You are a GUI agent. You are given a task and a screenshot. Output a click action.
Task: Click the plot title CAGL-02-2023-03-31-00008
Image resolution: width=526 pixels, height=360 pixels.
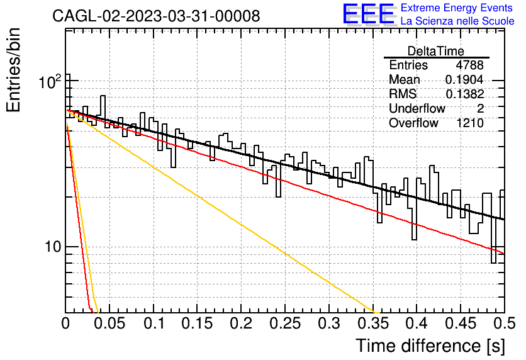(x=156, y=16)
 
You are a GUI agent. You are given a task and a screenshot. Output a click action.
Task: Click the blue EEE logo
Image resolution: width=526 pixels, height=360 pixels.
(x=369, y=14)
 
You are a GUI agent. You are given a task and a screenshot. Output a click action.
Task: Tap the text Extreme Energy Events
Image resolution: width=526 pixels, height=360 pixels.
(x=457, y=8)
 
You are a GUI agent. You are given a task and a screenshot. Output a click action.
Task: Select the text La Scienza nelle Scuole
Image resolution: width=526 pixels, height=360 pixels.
(x=457, y=21)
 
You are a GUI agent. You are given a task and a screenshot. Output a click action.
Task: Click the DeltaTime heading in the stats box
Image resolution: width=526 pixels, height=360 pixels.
(x=436, y=51)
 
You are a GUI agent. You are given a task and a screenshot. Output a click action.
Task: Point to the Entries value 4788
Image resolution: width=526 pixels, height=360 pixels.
(x=469, y=65)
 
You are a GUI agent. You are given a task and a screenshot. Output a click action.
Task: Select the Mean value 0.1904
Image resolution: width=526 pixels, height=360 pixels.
(x=464, y=79)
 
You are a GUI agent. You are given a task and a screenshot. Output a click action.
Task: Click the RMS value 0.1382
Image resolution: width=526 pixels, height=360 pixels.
(x=464, y=94)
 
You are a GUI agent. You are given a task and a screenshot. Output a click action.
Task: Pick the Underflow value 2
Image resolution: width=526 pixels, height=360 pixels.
(x=480, y=108)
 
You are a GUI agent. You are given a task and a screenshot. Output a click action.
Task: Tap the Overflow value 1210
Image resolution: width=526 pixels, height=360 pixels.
(x=469, y=123)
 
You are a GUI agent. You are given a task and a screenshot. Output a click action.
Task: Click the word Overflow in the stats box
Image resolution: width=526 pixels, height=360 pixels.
(x=413, y=123)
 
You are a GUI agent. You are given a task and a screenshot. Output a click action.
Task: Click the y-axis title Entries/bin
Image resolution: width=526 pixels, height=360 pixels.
(x=14, y=70)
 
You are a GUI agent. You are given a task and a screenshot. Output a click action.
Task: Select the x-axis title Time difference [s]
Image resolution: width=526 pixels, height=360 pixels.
(x=430, y=346)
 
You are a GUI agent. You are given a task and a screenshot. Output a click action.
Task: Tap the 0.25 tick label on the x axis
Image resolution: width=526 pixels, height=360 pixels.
(x=285, y=323)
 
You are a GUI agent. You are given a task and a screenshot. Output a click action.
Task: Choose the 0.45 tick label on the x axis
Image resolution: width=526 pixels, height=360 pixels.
(x=461, y=323)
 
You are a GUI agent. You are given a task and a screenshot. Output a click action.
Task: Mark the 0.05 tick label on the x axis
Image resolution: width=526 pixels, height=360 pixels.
(x=109, y=323)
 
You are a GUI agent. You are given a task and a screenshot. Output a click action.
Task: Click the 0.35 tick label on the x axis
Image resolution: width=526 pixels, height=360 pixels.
(x=372, y=323)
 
